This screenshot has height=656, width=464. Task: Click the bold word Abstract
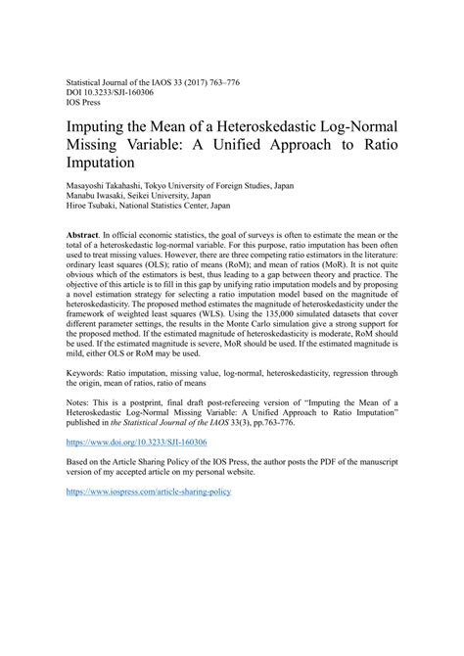coord(83,237)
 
